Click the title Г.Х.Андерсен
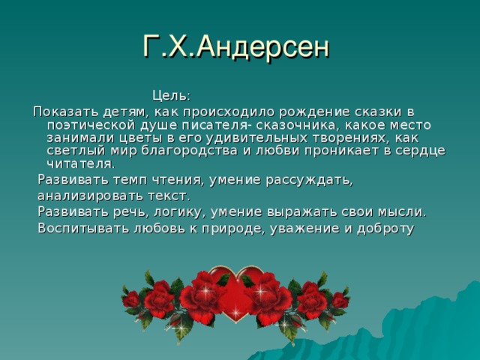click(x=235, y=47)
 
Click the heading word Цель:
click(x=171, y=95)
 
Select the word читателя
click(x=80, y=163)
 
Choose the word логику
click(x=172, y=211)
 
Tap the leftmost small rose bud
click(x=132, y=300)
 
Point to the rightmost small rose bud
click(x=340, y=300)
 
